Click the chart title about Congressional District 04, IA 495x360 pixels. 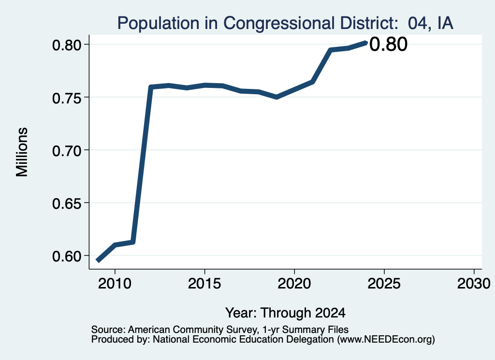pyautogui.click(x=285, y=23)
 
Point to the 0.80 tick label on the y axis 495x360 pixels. pyautogui.click(x=67, y=45)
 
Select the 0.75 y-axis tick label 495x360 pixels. pyautogui.click(x=67, y=98)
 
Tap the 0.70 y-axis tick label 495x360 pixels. pyautogui.click(x=67, y=150)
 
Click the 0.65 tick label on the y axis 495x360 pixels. pyautogui.click(x=67, y=203)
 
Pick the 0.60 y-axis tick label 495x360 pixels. pyautogui.click(x=67, y=256)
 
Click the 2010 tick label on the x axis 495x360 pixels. pyautogui.click(x=115, y=283)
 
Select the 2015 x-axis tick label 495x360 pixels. pyautogui.click(x=204, y=283)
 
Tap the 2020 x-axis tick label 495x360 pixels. pyautogui.click(x=294, y=283)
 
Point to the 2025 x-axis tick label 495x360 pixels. pyautogui.click(x=384, y=283)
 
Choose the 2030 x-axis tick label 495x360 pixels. pyautogui.click(x=474, y=283)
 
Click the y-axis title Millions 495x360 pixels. pyautogui.click(x=22, y=152)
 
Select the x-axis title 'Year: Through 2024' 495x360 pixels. pyautogui.click(x=285, y=313)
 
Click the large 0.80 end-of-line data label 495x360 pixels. pyautogui.click(x=388, y=44)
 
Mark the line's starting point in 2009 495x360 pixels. pyautogui.click(x=98, y=261)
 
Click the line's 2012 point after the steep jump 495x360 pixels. pyautogui.click(x=151, y=87)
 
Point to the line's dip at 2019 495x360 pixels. pyautogui.click(x=277, y=97)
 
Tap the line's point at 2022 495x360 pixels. pyautogui.click(x=330, y=50)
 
